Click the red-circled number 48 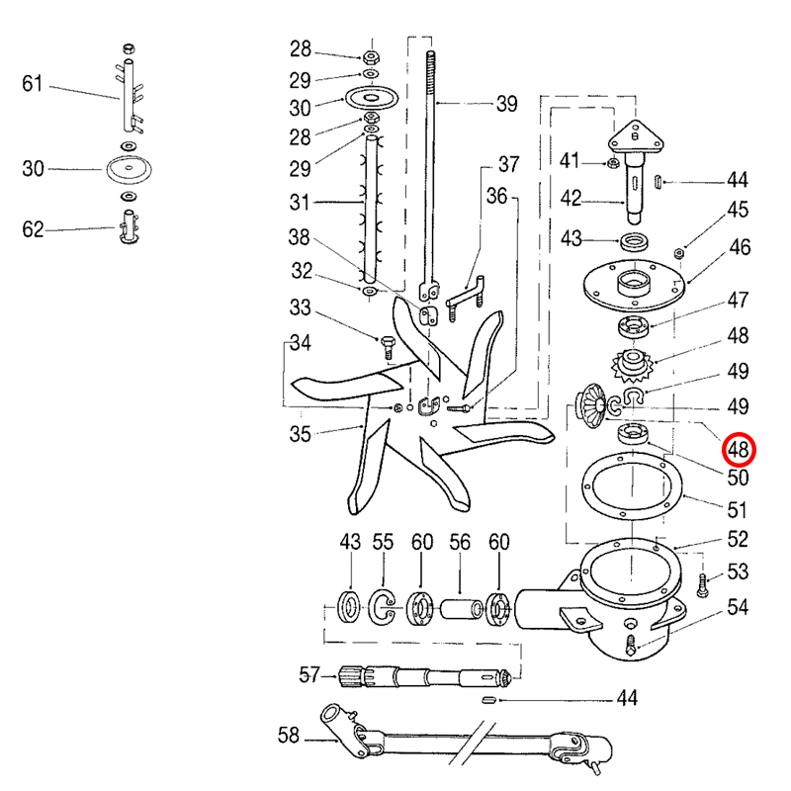(x=738, y=449)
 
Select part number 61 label (x=33, y=84)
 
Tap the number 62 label (x=33, y=229)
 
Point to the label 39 (x=506, y=104)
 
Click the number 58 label (x=289, y=735)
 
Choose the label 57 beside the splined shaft (x=309, y=674)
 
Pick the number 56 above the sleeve (x=460, y=542)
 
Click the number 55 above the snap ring (x=383, y=542)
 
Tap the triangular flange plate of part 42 (x=636, y=136)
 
